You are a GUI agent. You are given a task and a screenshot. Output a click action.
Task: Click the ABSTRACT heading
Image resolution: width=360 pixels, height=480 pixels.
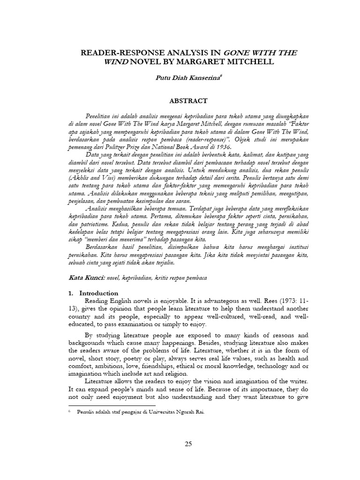(x=180, y=100)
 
